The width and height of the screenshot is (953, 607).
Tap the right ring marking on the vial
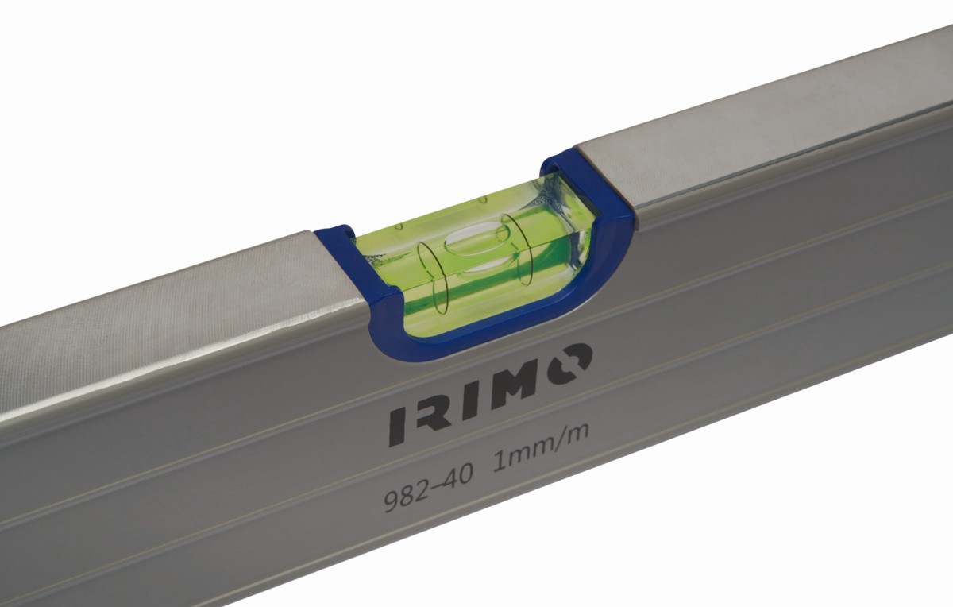coord(515,248)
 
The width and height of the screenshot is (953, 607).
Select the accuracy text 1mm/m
coord(541,447)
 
